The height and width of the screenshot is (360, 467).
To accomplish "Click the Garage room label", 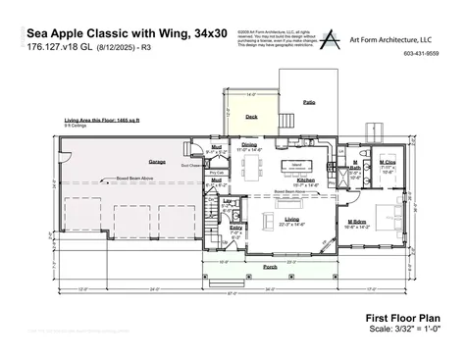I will [157, 160].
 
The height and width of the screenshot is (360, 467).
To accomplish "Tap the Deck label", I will [251, 116].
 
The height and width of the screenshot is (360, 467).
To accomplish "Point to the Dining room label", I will [249, 145].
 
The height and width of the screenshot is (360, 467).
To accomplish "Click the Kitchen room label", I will [305, 181].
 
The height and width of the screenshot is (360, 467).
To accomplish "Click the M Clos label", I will [387, 160].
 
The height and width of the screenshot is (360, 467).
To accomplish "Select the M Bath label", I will [355, 165].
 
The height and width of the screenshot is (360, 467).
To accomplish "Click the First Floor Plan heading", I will [402, 318].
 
